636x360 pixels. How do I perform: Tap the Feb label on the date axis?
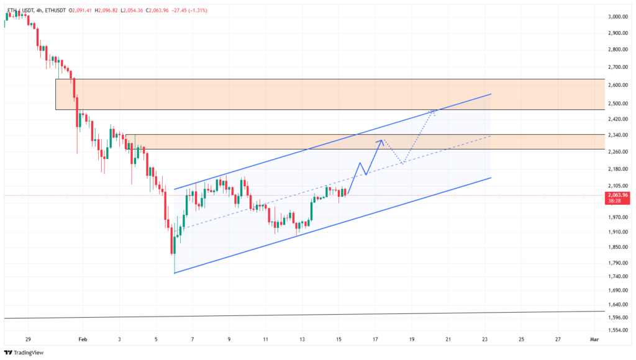point(83,340)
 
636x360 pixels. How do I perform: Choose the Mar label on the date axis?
point(593,340)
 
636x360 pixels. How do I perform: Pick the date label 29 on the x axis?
point(28,340)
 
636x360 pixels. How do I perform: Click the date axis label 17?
point(375,340)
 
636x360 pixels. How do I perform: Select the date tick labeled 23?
point(484,340)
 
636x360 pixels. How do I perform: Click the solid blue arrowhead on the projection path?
point(381,142)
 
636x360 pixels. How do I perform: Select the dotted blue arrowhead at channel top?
point(434,112)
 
